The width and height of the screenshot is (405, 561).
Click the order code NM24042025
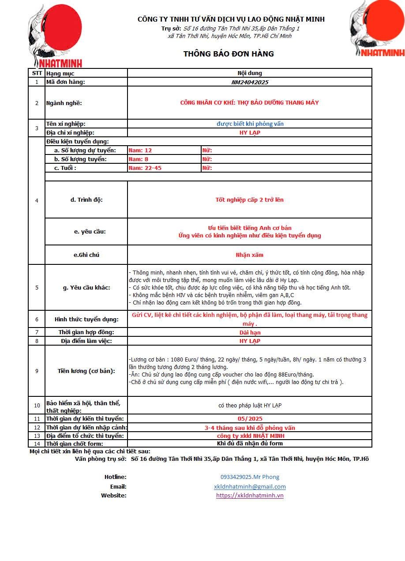(250, 82)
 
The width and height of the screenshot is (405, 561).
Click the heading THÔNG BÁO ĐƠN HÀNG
(229, 54)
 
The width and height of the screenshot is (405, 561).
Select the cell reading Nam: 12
(140, 151)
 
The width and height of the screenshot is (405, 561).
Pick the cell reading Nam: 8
(139, 159)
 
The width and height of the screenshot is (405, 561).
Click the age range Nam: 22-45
(145, 168)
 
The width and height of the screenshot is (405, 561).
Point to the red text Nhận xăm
(250, 255)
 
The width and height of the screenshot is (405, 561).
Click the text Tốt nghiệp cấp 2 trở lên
(250, 200)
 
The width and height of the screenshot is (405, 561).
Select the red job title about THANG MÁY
(250, 103)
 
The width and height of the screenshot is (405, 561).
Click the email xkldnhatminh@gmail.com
(250, 486)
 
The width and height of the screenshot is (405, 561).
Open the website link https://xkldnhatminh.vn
(250, 495)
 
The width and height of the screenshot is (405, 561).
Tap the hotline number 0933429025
(250, 477)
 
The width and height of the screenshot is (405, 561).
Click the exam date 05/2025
(250, 418)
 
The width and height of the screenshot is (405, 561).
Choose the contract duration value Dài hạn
(250, 332)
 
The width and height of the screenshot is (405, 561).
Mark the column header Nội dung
(250, 73)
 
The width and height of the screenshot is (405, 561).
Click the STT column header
(37, 73)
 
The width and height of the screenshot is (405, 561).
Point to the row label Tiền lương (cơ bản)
(86, 371)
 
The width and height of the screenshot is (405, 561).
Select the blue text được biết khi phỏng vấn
(250, 124)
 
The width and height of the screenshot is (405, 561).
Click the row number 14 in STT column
(37, 444)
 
